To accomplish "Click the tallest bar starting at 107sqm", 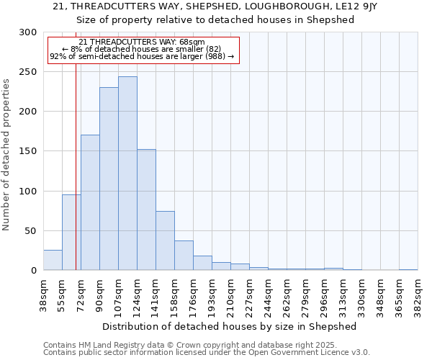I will tap(127, 174).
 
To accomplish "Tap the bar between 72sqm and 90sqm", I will tap(90, 202).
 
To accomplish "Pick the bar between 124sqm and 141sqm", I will tap(146, 210).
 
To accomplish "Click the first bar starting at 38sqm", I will tap(53, 260).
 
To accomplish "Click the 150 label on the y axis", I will tap(27, 151).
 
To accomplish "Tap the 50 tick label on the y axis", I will tap(30, 231).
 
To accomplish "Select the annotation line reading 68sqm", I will tap(142, 42).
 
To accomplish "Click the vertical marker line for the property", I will tap(76, 180).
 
